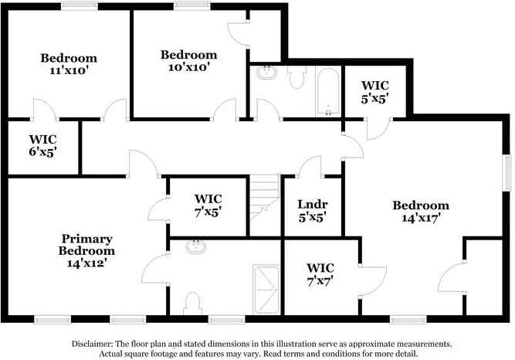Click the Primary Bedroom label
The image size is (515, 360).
point(87,250)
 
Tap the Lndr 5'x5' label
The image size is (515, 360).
point(312,211)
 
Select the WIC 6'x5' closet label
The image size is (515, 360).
point(43,144)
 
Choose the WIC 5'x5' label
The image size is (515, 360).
point(374,92)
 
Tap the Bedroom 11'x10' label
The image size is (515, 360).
point(69,64)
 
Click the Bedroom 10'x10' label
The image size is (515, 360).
point(188,61)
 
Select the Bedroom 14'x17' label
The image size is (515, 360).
point(420,212)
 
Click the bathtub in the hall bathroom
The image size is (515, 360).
point(328,91)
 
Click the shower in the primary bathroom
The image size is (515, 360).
point(266,288)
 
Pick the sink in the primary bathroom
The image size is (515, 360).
point(196,248)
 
